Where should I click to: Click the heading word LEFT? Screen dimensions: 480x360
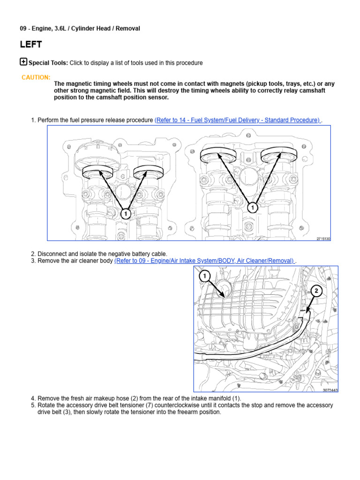(x=31, y=45)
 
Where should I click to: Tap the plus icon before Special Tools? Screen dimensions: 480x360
(x=23, y=62)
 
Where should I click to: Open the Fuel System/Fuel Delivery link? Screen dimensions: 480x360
(x=237, y=120)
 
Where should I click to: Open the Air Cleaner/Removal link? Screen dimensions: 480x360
(x=204, y=261)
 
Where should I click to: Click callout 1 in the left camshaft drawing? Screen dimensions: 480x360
(x=125, y=214)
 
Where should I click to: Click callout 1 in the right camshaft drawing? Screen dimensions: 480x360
(x=253, y=208)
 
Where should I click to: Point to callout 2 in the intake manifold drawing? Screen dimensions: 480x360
(x=316, y=291)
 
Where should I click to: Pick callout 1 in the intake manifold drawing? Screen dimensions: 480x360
(x=205, y=276)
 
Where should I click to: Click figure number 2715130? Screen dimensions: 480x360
(x=323, y=239)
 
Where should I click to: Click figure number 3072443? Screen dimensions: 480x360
(x=330, y=390)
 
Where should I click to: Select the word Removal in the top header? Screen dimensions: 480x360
(x=128, y=29)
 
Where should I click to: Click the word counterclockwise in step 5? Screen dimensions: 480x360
(x=180, y=405)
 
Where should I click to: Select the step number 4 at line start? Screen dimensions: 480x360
(x=33, y=398)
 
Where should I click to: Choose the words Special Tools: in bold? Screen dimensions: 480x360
(x=48, y=63)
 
